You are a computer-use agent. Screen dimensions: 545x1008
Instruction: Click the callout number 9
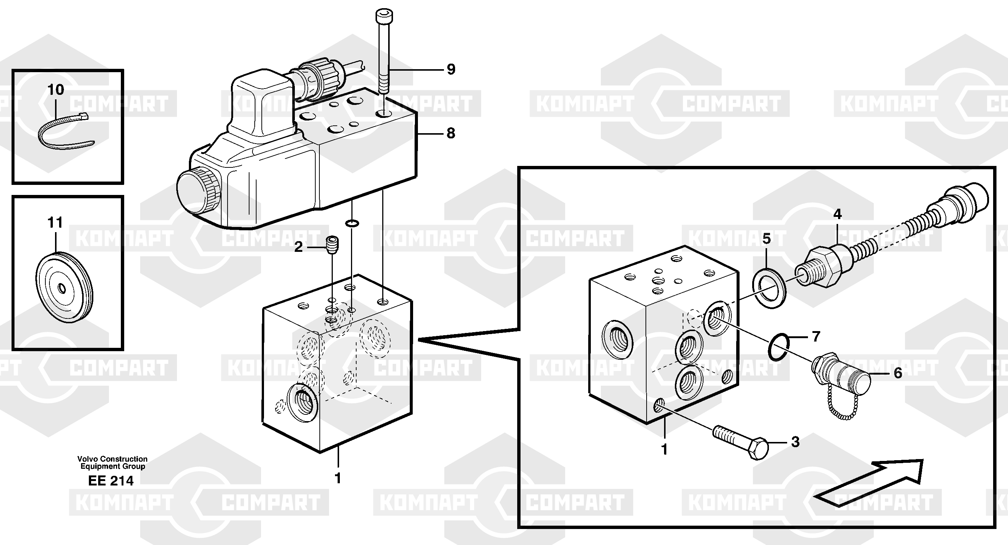[451, 70]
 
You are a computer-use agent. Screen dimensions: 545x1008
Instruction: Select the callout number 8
[451, 134]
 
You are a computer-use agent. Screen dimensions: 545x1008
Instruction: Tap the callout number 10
[55, 90]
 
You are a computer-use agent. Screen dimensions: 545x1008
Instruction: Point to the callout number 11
[55, 223]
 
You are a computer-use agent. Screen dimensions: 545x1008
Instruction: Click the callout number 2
[298, 247]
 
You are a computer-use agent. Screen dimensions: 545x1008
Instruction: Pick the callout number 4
[837, 214]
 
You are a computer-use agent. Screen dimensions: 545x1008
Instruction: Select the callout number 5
[767, 238]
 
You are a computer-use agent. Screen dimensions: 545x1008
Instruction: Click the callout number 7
[816, 336]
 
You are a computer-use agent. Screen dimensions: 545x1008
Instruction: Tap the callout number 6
[898, 373]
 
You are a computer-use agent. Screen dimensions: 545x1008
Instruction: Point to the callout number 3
[795, 442]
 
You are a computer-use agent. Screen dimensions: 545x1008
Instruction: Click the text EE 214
[111, 481]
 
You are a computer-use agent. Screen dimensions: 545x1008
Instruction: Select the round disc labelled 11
[64, 287]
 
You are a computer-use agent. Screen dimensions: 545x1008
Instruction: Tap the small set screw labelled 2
[332, 245]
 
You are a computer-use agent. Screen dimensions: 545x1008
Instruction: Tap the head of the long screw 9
[383, 16]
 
